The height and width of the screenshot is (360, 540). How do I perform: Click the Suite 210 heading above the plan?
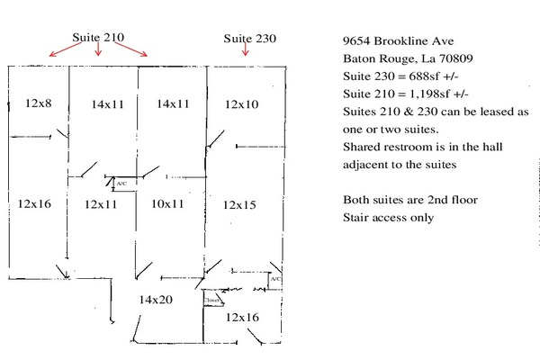click(x=98, y=38)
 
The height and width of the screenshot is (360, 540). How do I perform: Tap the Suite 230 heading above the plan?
click(x=249, y=38)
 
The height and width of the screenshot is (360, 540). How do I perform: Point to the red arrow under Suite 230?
click(x=245, y=52)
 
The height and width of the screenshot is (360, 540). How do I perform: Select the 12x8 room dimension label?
click(x=39, y=103)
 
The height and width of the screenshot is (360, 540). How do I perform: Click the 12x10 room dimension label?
click(x=241, y=104)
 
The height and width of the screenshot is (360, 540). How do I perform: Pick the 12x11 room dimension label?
click(x=101, y=204)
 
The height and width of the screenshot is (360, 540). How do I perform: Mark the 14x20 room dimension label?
click(x=156, y=299)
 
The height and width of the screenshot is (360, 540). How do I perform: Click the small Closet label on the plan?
click(x=211, y=301)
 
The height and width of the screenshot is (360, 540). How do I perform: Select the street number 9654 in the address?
click(x=359, y=41)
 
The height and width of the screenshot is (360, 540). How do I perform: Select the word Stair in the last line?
click(x=356, y=217)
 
